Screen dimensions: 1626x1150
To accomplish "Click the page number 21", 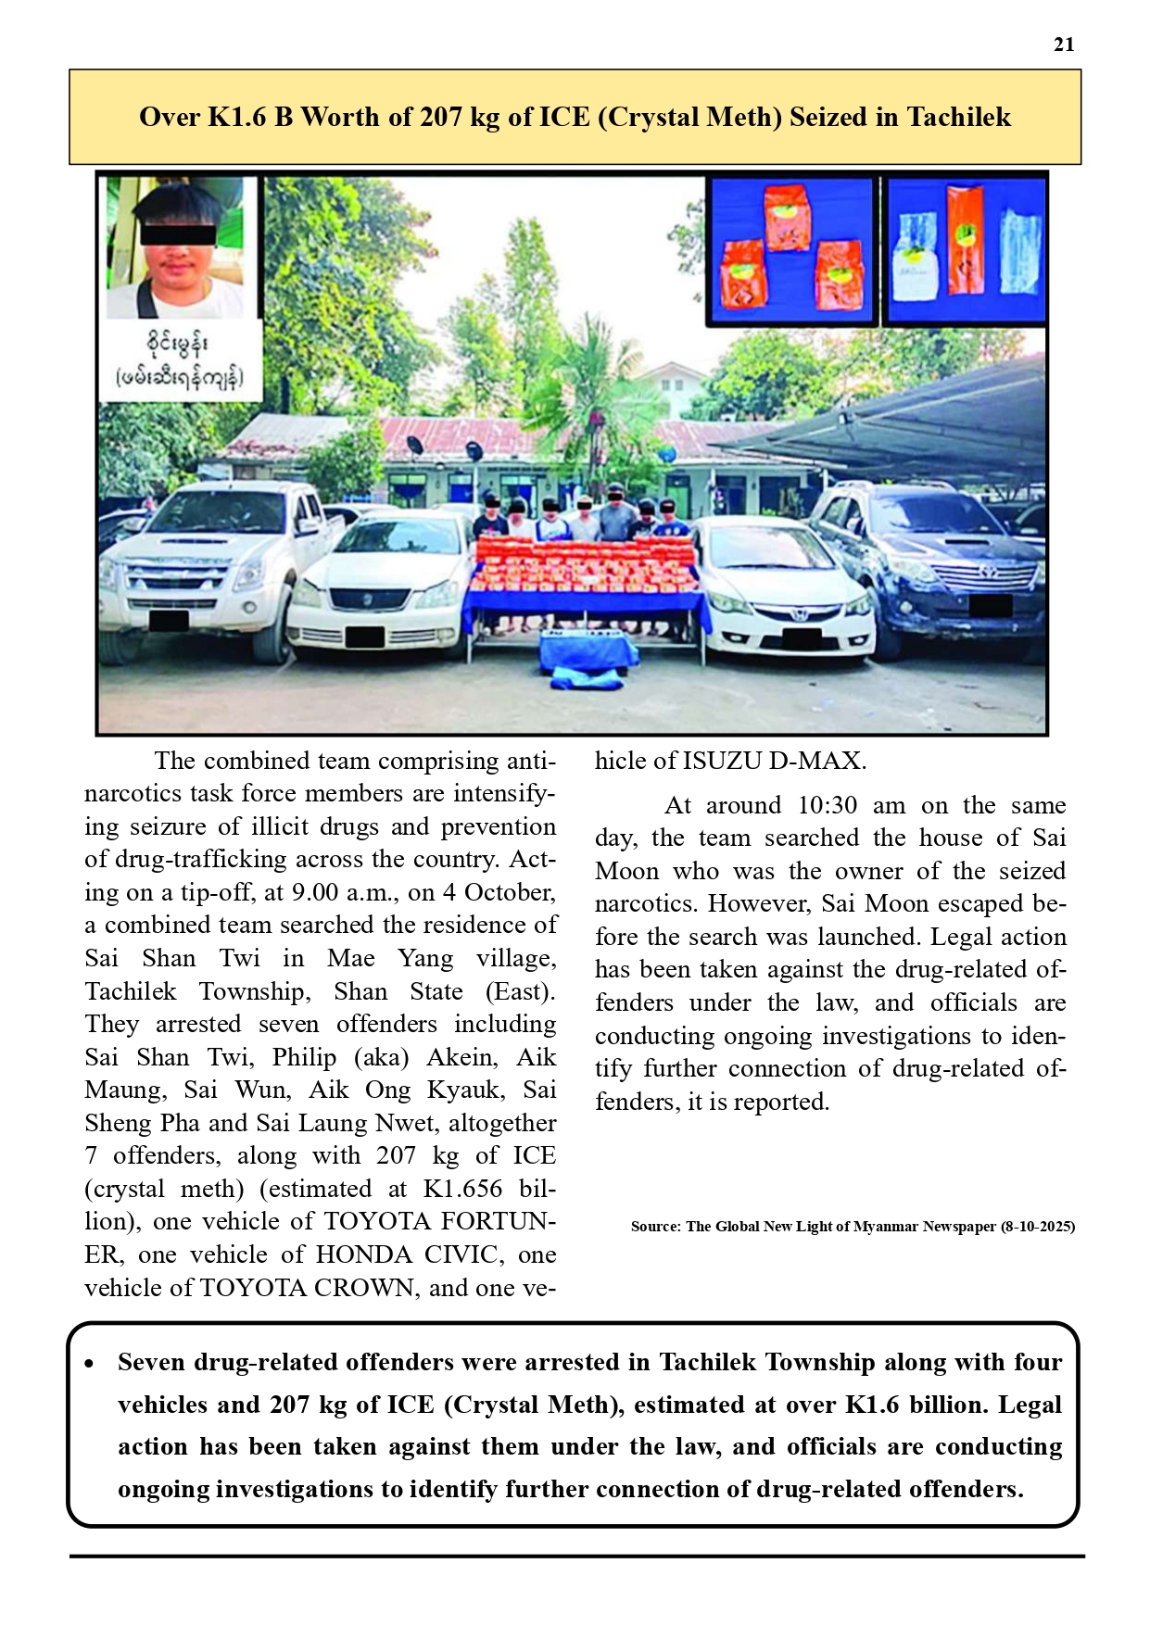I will click(1064, 44).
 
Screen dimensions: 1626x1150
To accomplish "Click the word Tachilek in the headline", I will click(958, 117).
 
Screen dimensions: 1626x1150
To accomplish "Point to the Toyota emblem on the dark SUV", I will click(988, 572).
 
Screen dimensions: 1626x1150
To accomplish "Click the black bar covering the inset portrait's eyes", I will click(178, 234).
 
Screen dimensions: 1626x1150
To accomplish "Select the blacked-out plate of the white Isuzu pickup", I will click(169, 619).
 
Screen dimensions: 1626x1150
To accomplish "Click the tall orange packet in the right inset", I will click(965, 238).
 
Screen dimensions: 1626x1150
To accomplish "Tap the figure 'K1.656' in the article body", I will click(462, 1189).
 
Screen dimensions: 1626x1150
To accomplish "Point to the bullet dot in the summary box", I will click(89, 1364).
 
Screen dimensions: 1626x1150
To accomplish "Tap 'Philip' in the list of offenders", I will click(304, 1057).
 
